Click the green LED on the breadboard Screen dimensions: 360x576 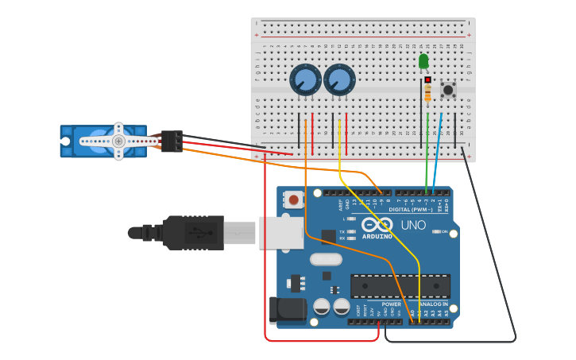click(x=423, y=60)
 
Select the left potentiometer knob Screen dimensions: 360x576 click(x=305, y=79)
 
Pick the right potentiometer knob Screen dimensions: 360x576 click(x=339, y=79)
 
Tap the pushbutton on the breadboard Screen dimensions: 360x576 click(x=448, y=89)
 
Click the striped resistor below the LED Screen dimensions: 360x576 click(x=428, y=94)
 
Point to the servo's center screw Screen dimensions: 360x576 click(x=118, y=141)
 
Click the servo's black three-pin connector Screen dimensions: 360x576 click(x=172, y=141)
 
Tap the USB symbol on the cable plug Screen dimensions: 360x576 click(x=194, y=232)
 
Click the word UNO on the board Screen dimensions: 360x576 click(x=412, y=226)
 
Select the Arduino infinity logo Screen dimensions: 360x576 click(x=377, y=225)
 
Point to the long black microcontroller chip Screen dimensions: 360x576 click(x=400, y=286)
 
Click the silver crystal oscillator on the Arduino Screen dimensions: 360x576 click(x=326, y=259)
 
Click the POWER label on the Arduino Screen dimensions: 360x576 click(x=391, y=304)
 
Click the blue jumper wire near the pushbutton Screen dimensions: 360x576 click(x=437, y=151)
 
